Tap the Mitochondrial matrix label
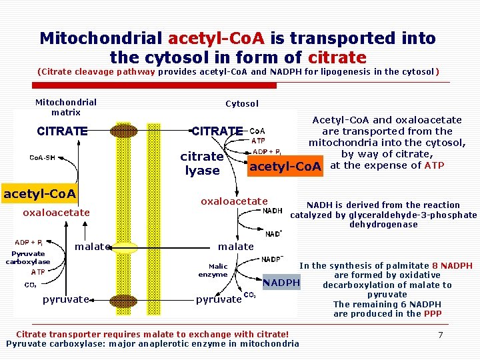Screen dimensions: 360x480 65,107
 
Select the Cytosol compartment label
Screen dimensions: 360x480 242,103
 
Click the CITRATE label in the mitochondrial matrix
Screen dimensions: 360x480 63,131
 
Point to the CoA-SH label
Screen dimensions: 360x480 45,157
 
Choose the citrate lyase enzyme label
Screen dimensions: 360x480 202,163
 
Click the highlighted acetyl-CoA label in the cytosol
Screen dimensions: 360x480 285,166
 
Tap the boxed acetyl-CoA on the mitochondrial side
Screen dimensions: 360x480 40,194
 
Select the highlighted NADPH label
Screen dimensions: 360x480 281,283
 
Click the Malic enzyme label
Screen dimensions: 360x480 213,270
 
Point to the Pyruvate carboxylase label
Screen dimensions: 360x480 27,257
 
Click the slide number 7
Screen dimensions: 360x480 440,334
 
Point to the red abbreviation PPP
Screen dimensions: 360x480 433,313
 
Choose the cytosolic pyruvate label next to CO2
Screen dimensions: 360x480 218,299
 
